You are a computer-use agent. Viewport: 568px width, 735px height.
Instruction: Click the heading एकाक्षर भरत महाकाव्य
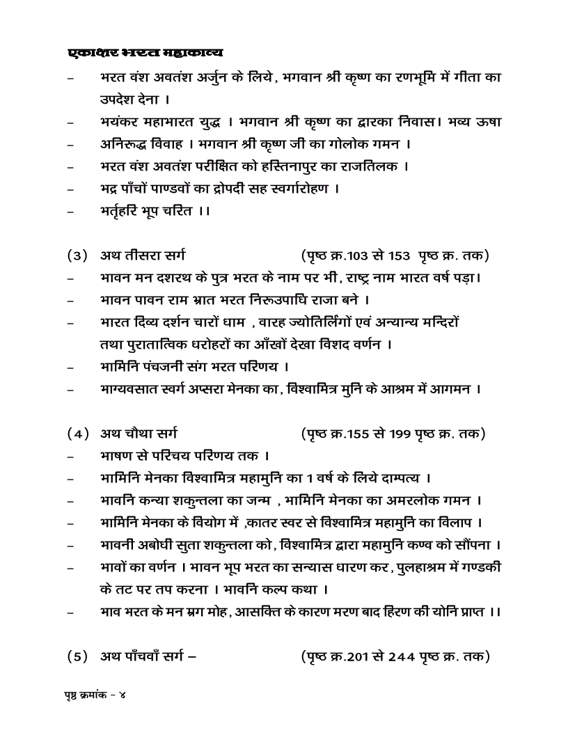coord(145,53)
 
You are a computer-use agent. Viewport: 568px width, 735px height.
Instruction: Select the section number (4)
coord(77,434)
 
